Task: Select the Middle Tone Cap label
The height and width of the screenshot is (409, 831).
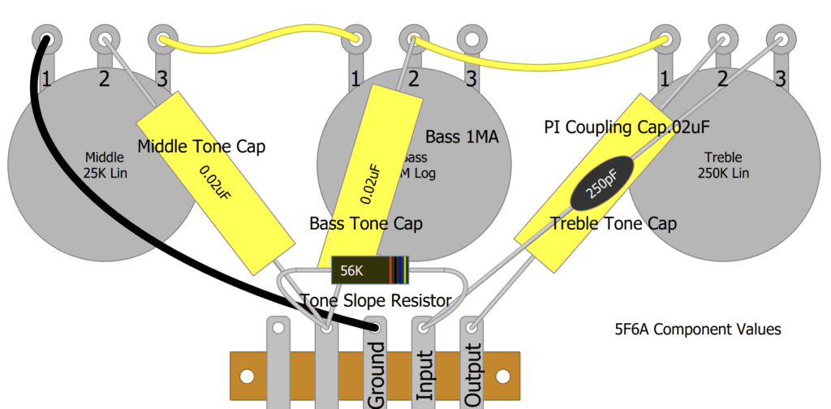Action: [x=201, y=147]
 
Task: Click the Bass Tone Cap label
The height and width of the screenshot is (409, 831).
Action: [x=366, y=223]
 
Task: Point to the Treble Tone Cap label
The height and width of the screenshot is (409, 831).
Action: [x=614, y=223]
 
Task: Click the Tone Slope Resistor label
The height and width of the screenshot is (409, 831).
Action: [x=376, y=301]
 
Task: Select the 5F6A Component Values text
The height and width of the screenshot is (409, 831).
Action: [x=698, y=329]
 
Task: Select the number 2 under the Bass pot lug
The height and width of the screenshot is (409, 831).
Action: [x=413, y=80]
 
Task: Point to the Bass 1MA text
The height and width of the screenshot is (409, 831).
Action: [x=462, y=137]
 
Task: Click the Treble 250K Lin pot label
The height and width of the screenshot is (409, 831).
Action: [x=722, y=166]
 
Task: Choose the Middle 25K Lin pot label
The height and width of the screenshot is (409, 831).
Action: [x=105, y=166]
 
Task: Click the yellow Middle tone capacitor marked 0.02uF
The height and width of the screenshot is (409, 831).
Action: [x=215, y=183]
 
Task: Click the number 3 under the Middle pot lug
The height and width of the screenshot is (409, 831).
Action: [x=162, y=80]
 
